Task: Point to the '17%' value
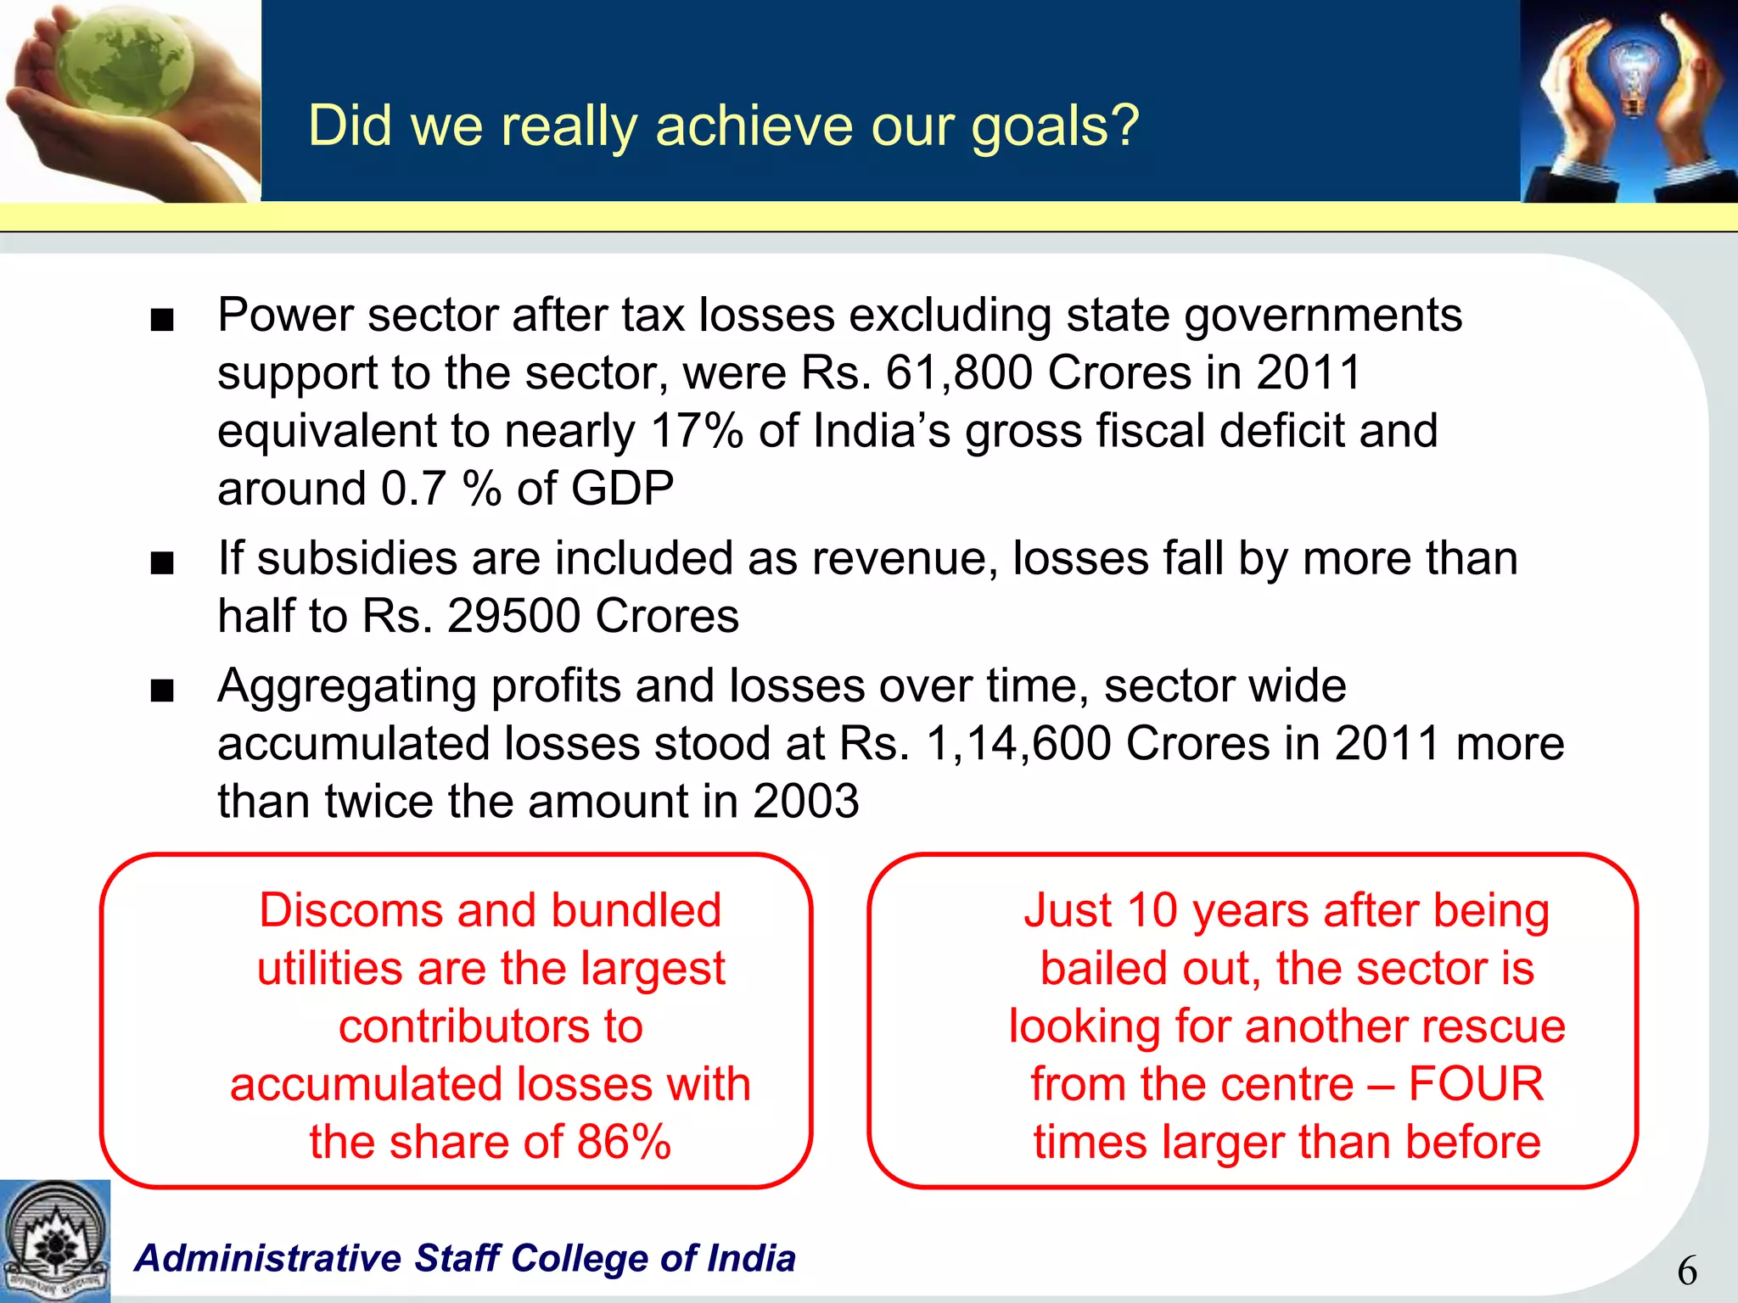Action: click(x=697, y=431)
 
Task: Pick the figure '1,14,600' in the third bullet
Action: click(x=1018, y=744)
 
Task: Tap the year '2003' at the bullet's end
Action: click(x=805, y=802)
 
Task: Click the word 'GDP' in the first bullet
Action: click(x=622, y=489)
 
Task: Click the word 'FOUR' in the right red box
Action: click(x=1476, y=1084)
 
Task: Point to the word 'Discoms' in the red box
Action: click(x=350, y=911)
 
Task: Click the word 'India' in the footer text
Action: click(x=751, y=1258)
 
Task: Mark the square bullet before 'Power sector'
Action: click(x=161, y=322)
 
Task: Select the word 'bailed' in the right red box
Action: click(x=1091, y=969)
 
